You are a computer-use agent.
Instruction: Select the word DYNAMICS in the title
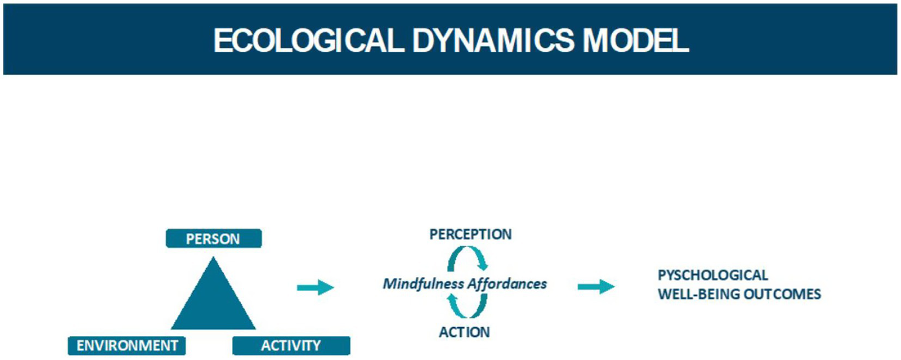(x=492, y=41)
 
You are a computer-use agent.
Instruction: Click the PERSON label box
(x=213, y=239)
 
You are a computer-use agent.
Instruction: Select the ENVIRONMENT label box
(x=127, y=345)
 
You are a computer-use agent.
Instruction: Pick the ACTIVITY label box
(x=291, y=345)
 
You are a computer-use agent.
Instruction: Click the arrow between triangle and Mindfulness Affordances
(x=315, y=287)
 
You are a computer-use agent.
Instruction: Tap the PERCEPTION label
(x=470, y=234)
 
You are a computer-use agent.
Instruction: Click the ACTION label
(x=464, y=332)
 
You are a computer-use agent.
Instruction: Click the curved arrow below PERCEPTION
(x=468, y=258)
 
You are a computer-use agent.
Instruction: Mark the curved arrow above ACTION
(x=468, y=305)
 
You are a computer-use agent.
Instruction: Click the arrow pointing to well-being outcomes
(x=596, y=287)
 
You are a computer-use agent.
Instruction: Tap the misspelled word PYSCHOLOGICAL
(x=713, y=275)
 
